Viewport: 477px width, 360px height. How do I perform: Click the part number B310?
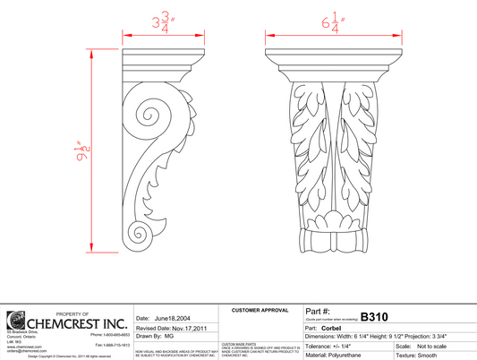(376, 316)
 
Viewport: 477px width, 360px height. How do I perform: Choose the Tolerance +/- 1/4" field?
(332, 346)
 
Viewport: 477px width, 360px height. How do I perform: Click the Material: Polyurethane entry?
(336, 356)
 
